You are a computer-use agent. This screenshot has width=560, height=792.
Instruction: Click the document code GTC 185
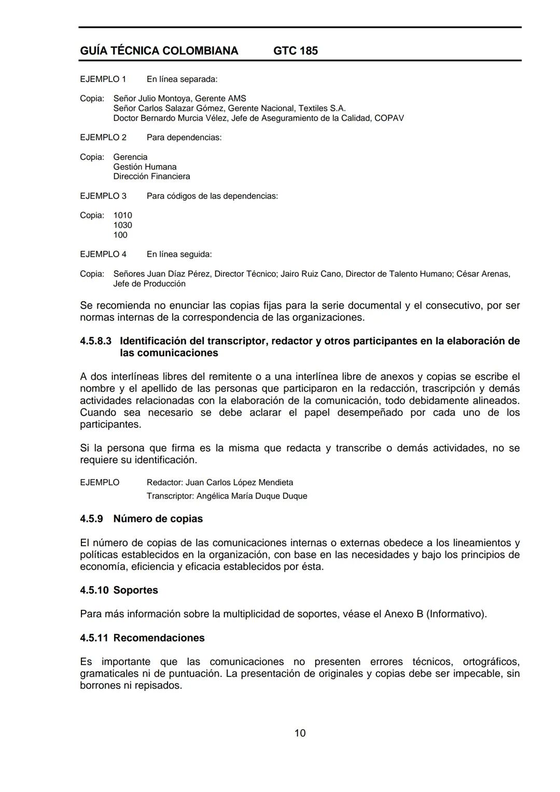click(x=295, y=51)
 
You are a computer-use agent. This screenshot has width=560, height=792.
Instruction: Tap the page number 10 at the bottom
click(x=300, y=733)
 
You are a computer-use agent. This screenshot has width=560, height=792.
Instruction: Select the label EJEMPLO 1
click(x=103, y=79)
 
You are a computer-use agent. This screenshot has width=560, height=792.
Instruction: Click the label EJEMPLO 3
click(x=103, y=196)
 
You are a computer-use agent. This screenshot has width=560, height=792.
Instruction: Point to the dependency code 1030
click(x=122, y=225)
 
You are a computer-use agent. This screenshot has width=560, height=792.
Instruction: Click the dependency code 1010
click(x=122, y=215)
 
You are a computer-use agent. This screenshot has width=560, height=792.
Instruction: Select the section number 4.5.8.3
click(x=95, y=341)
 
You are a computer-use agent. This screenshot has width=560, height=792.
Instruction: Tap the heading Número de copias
click(x=158, y=519)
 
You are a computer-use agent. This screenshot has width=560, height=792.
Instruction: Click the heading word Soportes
click(x=135, y=590)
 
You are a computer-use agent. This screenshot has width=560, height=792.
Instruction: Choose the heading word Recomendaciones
click(x=159, y=638)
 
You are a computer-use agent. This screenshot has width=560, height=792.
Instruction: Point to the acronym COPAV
click(x=389, y=118)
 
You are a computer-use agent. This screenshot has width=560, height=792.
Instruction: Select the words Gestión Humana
click(x=145, y=167)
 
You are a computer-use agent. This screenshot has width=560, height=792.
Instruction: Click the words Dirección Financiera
click(x=151, y=176)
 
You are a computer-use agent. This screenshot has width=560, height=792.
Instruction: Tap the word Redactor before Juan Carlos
click(x=164, y=482)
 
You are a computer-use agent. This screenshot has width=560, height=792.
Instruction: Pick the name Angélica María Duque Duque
click(x=251, y=496)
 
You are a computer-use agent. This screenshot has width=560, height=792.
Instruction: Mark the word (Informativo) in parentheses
click(x=456, y=614)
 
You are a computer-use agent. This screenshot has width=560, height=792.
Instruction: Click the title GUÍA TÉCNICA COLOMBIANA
click(x=159, y=51)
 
